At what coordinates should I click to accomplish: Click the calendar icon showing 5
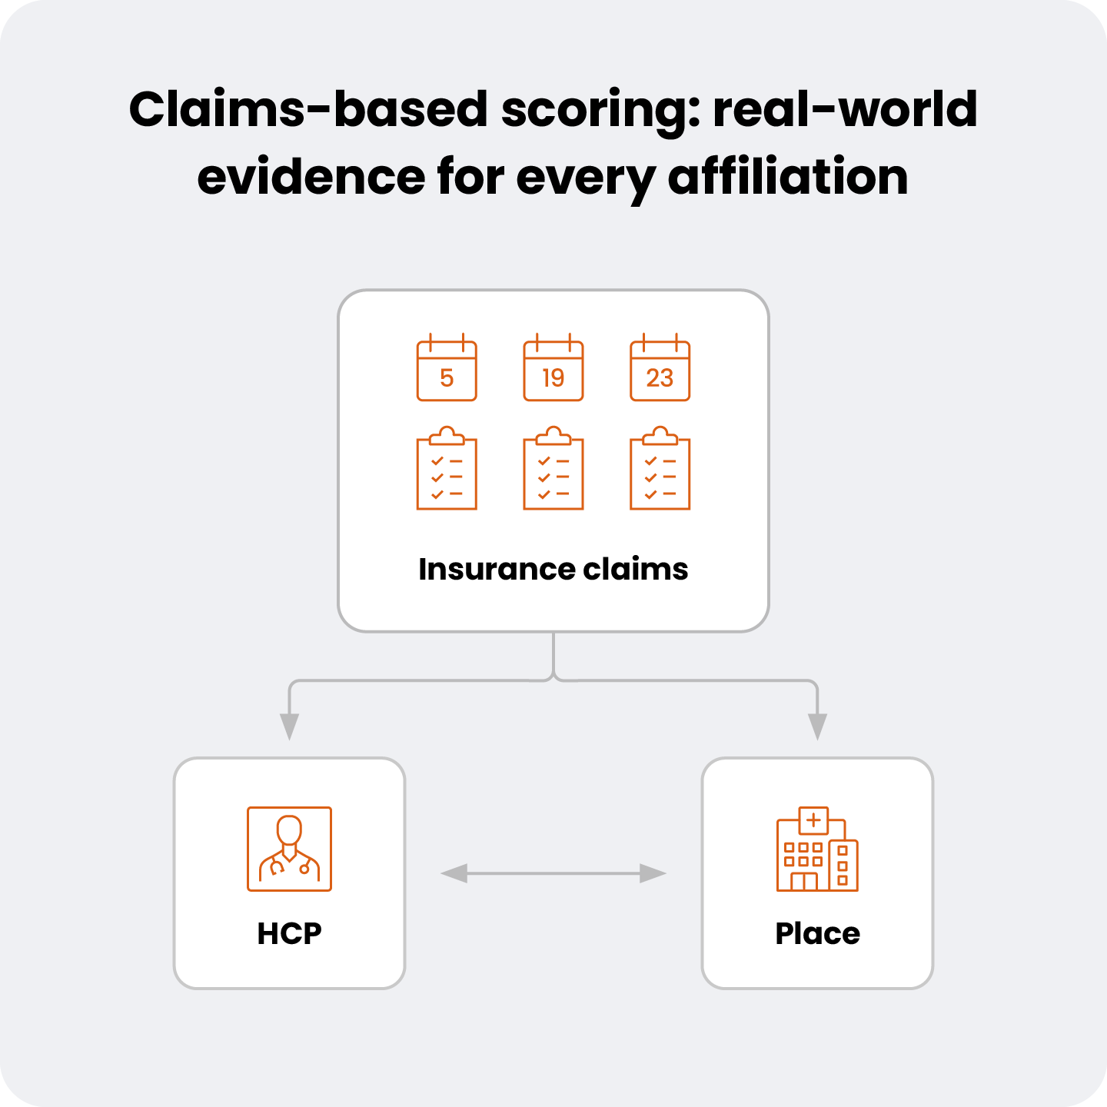(x=447, y=369)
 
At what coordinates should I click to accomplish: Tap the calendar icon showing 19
(x=553, y=369)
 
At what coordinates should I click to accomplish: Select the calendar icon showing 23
(x=660, y=369)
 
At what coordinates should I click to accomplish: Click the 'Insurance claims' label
(x=553, y=570)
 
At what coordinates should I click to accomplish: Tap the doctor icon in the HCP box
(x=289, y=849)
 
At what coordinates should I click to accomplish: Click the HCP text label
(x=289, y=933)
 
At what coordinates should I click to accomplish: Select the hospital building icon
(x=817, y=850)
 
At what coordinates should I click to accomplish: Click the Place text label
(x=817, y=933)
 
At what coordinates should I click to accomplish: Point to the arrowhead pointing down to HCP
(x=289, y=726)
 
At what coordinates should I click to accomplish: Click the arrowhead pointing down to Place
(x=817, y=726)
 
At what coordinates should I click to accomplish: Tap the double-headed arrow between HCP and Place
(x=553, y=873)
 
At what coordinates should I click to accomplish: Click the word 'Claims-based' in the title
(x=307, y=109)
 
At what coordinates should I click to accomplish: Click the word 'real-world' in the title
(x=845, y=109)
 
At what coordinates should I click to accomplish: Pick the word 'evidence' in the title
(x=311, y=177)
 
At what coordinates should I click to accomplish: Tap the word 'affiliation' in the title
(x=788, y=177)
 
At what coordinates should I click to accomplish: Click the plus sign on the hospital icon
(x=813, y=820)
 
